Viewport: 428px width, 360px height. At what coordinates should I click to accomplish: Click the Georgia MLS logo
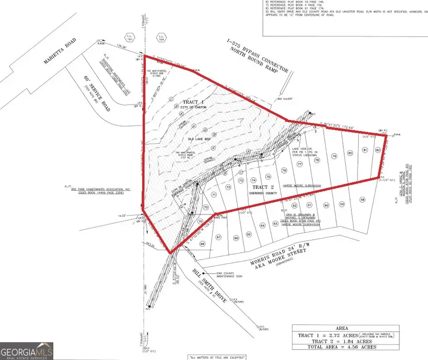click(x=27, y=351)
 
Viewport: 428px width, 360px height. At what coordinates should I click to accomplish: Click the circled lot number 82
click(x=378, y=150)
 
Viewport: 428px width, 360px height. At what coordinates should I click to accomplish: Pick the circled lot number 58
click(x=362, y=200)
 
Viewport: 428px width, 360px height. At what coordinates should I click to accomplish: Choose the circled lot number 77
click(x=300, y=164)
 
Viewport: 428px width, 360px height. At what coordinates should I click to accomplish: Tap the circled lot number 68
click(x=202, y=244)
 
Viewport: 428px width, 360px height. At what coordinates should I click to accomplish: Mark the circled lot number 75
click(x=268, y=176)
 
